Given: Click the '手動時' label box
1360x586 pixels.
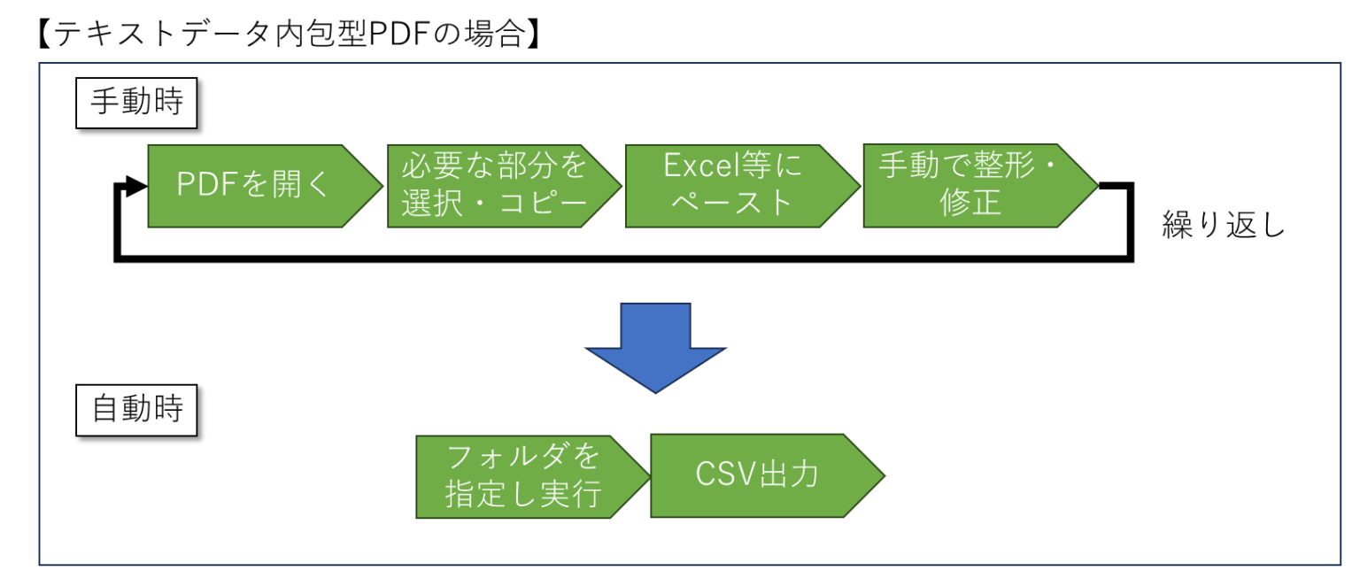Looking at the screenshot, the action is coord(136,103).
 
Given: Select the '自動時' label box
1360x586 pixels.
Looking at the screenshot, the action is coord(136,410).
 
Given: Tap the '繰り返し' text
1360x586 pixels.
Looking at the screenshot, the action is coord(1224,225).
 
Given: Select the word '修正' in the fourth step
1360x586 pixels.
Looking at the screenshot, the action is coord(970,202).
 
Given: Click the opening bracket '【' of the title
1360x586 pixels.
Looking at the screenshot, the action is coord(44,34).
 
